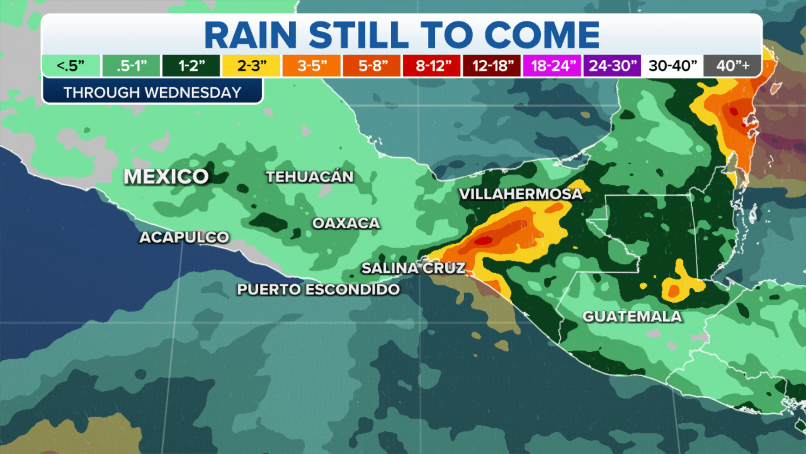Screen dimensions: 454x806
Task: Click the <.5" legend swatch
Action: coord(71,66)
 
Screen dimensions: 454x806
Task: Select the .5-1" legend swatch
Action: coord(131,66)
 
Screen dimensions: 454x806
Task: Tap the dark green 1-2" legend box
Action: coord(191,66)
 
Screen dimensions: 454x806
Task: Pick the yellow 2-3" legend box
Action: coord(251,66)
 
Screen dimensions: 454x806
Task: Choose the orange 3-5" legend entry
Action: coord(311,66)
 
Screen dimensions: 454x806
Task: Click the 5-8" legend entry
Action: coord(372,66)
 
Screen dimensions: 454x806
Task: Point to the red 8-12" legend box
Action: coord(432,66)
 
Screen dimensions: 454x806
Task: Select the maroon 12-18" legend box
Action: coord(492,66)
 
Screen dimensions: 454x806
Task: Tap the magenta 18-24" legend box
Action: coord(552,66)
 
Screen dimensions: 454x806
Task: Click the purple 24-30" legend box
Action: coord(612,66)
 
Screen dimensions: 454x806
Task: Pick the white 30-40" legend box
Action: coord(673,66)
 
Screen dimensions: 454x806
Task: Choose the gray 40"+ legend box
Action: coord(733,66)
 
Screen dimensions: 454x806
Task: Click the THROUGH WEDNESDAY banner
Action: coord(152,92)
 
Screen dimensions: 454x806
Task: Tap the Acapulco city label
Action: coord(184,238)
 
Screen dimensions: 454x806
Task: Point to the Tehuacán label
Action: coord(310,177)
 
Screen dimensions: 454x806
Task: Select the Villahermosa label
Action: coord(521,194)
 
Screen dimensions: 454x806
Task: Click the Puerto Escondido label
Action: coord(318,290)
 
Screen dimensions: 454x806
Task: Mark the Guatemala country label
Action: coord(632,317)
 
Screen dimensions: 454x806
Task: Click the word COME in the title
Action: coord(542,35)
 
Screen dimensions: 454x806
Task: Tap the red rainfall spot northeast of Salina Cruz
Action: coord(483,240)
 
